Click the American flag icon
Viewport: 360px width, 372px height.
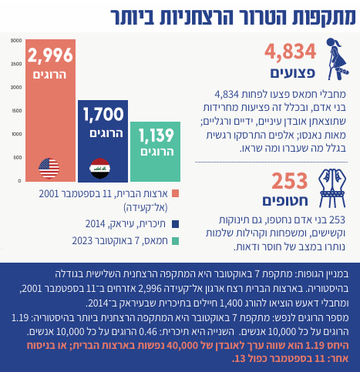click(x=49, y=168)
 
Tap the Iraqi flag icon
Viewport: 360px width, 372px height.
click(x=100, y=168)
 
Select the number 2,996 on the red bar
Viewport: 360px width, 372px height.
click(x=50, y=55)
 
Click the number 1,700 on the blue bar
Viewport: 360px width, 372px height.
click(x=103, y=114)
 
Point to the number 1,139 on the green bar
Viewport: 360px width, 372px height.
click(x=156, y=136)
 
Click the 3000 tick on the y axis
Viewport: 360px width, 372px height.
click(x=16, y=40)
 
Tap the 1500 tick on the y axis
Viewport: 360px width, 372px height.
click(x=17, y=111)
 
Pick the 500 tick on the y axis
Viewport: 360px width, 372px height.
click(x=18, y=157)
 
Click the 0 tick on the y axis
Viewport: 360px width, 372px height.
click(x=19, y=181)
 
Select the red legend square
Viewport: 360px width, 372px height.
click(x=175, y=193)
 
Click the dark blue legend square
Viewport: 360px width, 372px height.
click(x=175, y=224)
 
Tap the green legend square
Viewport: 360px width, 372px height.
click(x=175, y=241)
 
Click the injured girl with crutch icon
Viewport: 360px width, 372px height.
click(x=337, y=59)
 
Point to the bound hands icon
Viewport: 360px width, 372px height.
click(x=332, y=188)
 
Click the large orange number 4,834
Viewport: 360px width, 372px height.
click(x=290, y=52)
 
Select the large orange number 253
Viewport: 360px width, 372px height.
click(x=290, y=181)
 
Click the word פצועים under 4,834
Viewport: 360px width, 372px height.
click(x=293, y=73)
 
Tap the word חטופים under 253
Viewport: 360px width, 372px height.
click(x=285, y=201)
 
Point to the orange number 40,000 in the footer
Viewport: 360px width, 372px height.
click(x=182, y=346)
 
